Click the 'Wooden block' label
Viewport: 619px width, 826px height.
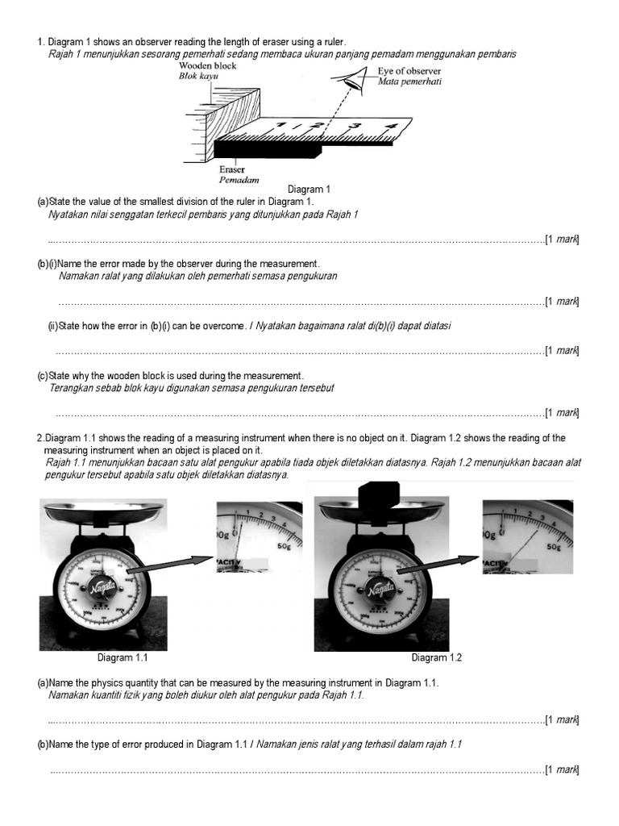pyautogui.click(x=208, y=65)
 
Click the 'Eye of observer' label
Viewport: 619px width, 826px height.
pyautogui.click(x=409, y=71)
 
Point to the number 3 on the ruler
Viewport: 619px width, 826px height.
pyautogui.click(x=352, y=126)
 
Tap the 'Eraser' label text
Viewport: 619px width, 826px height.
pyautogui.click(x=232, y=170)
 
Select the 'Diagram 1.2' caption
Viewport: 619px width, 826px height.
pyautogui.click(x=436, y=657)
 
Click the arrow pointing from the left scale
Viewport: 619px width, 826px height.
pyautogui.click(x=170, y=565)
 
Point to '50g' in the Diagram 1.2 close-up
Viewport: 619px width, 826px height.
pyautogui.click(x=553, y=546)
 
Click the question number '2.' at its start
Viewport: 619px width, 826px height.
pyautogui.click(x=39, y=438)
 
